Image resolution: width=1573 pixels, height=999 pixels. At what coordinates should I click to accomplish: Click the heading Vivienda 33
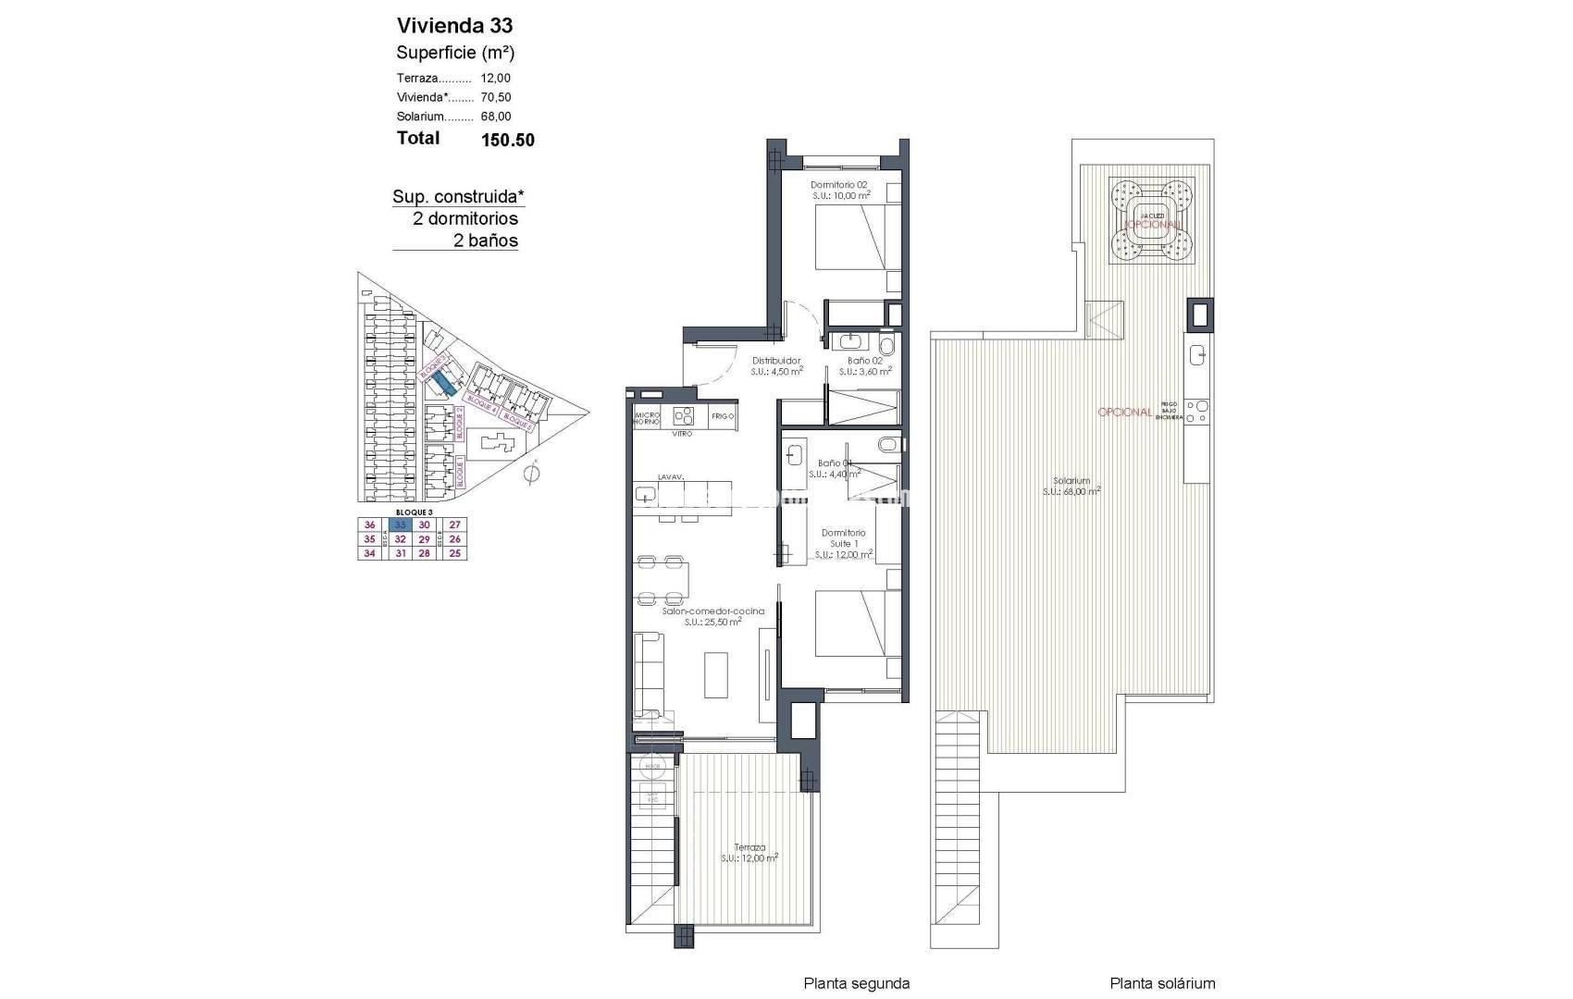[x=454, y=25]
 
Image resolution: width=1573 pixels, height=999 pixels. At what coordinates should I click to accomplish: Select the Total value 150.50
[x=508, y=141]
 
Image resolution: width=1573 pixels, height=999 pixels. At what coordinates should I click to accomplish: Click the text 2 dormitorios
[x=465, y=219]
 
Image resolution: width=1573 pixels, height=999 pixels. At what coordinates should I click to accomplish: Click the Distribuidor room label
[x=775, y=361]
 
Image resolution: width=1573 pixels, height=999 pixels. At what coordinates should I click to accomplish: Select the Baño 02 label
[x=864, y=361]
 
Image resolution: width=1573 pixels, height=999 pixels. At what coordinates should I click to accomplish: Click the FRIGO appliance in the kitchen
[x=723, y=417]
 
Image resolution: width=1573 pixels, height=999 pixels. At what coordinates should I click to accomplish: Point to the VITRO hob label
[x=683, y=433]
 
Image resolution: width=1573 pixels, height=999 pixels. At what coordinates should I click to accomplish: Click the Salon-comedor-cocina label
[x=712, y=611]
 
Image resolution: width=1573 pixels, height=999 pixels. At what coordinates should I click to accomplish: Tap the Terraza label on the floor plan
[x=749, y=847]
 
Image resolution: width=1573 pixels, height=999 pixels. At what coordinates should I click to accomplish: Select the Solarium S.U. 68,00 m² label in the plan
[x=1071, y=487]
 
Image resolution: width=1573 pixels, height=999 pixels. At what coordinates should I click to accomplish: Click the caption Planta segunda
[x=856, y=983]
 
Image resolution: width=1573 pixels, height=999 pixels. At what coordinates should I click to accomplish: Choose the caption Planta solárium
[x=1162, y=983]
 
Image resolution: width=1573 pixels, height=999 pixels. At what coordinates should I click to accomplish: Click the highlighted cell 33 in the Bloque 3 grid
[x=400, y=524]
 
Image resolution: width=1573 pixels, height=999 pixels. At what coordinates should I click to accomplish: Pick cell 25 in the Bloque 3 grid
[x=454, y=553]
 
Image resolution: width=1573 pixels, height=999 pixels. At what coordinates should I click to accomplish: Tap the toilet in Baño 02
[x=887, y=345]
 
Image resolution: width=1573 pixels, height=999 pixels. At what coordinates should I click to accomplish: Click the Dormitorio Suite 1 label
[x=843, y=538]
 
